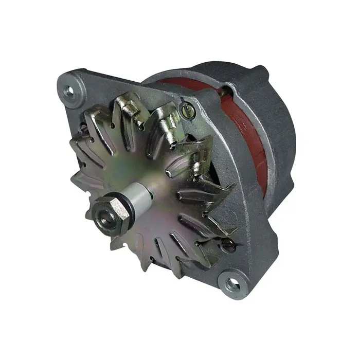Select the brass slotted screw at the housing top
pos(185,109)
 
